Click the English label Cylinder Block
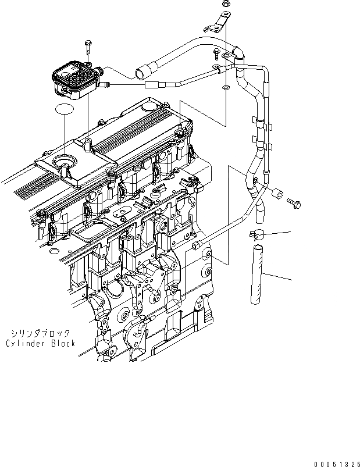coord(41,343)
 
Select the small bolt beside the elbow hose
coord(216,55)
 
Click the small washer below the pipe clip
coord(225,88)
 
